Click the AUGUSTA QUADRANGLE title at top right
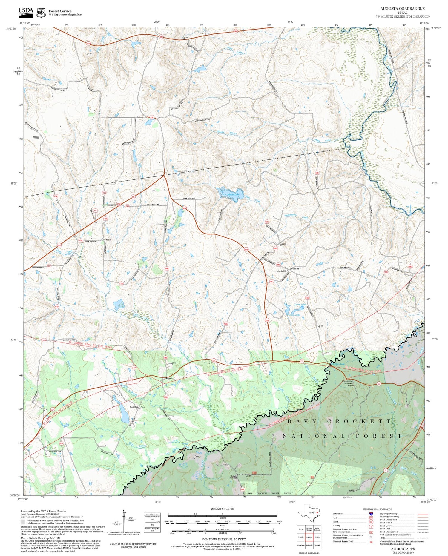click(402, 8)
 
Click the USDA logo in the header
click(26, 12)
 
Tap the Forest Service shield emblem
click(41, 13)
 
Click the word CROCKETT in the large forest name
click(359, 421)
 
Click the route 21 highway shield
click(385, 470)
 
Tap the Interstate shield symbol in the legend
click(371, 514)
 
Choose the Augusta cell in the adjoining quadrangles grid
click(309, 537)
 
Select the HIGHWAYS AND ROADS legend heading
click(377, 509)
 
